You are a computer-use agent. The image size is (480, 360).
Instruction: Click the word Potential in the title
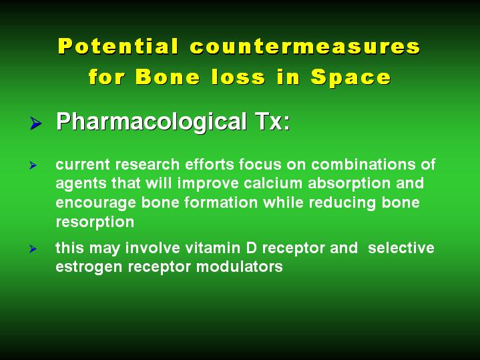pos(118,46)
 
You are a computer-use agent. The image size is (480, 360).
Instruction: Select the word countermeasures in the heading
pos(305,47)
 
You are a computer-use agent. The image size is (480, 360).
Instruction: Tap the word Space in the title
pos(350,77)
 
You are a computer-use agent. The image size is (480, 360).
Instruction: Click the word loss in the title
pos(238,77)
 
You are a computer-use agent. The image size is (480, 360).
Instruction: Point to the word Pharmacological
pos(152,122)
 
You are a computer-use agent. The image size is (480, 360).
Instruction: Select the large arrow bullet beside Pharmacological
pos(36,123)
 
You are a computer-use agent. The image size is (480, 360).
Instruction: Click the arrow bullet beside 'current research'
pos(33,166)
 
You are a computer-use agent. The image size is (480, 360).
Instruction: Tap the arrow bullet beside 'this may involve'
pos(33,248)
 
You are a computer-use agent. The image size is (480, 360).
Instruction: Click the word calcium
pos(273,183)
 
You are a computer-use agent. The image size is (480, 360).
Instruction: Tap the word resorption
pos(95,222)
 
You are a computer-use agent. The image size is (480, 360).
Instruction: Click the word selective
pos(401,248)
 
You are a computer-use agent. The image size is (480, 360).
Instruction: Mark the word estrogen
pos(89,267)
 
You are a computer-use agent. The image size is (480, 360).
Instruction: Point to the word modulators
pos(240,266)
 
